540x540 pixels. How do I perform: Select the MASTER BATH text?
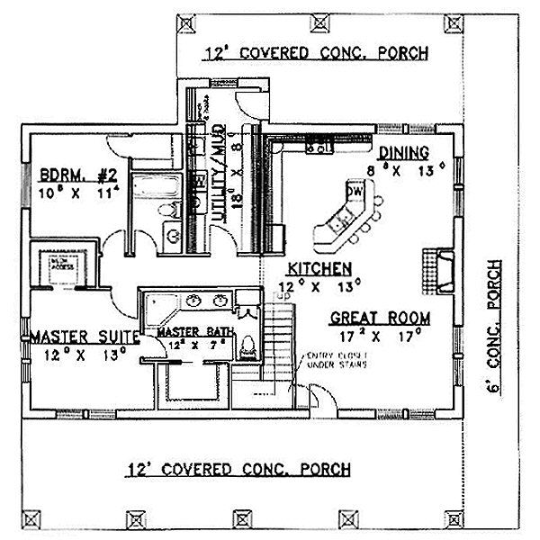tap(196, 332)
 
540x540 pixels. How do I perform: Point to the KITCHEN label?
tap(319, 268)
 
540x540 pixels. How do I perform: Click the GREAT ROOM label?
tap(379, 317)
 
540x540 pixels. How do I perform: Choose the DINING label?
tap(402, 152)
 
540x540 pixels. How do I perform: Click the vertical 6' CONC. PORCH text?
tap(493, 325)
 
